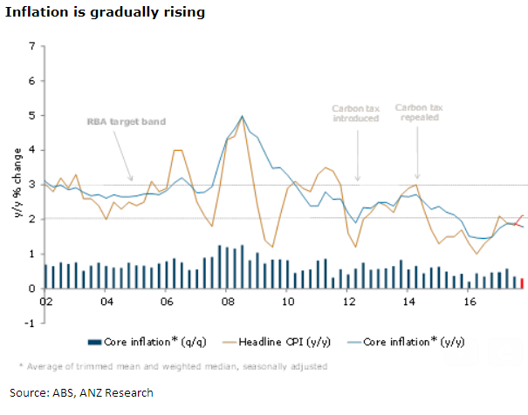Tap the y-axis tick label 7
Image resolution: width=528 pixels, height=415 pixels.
(x=32, y=46)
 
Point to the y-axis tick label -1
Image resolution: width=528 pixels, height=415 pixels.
(x=31, y=323)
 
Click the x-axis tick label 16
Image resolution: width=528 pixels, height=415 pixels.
(x=469, y=302)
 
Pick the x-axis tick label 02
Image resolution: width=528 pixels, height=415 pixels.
(x=45, y=302)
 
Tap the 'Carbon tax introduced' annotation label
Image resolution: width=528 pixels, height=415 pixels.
(x=355, y=113)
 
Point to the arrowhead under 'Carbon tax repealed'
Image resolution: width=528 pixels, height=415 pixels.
(x=417, y=176)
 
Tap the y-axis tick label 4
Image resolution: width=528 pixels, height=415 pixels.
(x=32, y=150)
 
